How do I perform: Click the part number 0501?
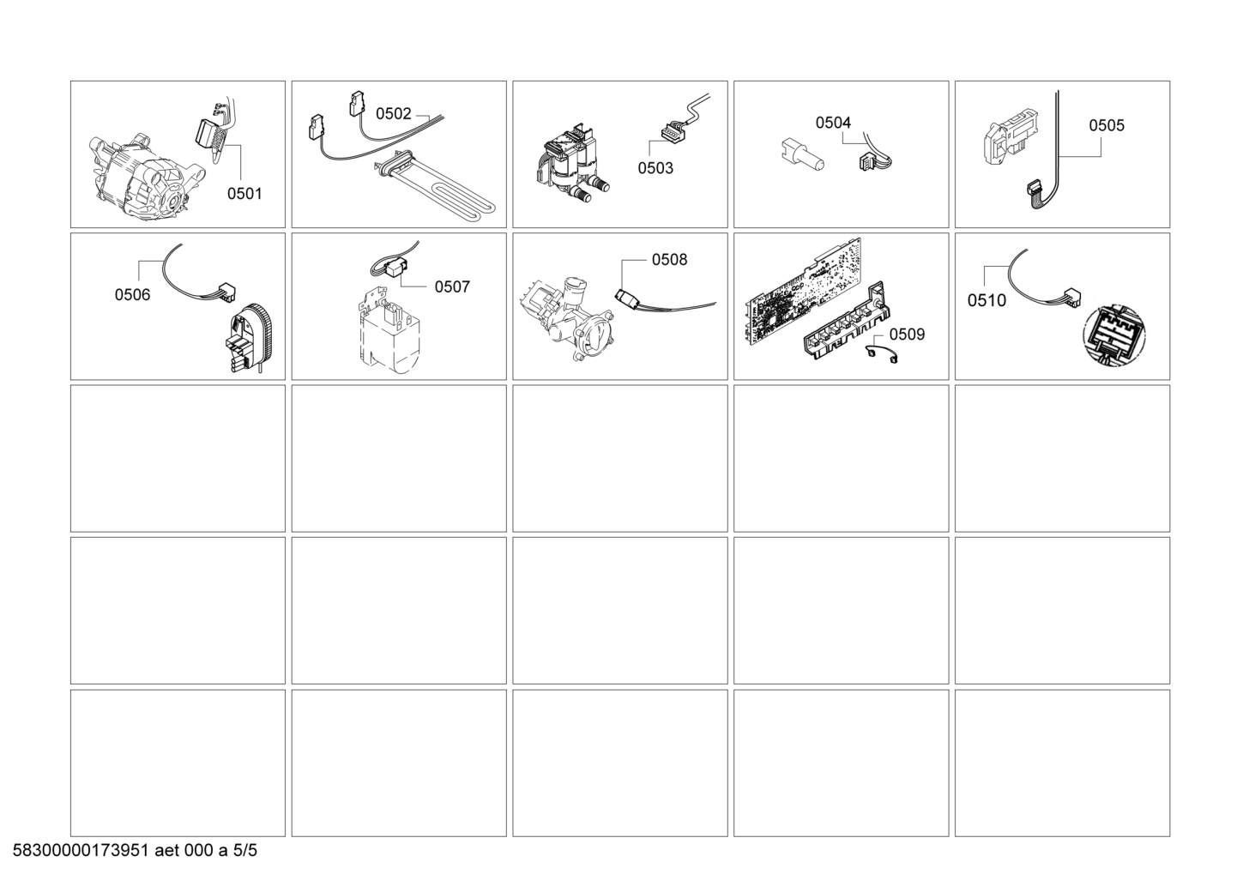coord(244,194)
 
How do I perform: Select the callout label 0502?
coord(393,114)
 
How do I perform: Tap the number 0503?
coord(655,168)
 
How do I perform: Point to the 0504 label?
coord(833,123)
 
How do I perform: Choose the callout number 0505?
coord(1107,125)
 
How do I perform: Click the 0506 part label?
coord(132,295)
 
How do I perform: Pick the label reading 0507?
coord(452,286)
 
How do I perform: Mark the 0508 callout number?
coord(669,260)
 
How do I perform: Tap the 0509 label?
coord(907,334)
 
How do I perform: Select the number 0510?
coord(987,300)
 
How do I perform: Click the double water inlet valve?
coord(571,165)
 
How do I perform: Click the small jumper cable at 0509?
coord(881,354)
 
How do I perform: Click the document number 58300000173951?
coord(81,850)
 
